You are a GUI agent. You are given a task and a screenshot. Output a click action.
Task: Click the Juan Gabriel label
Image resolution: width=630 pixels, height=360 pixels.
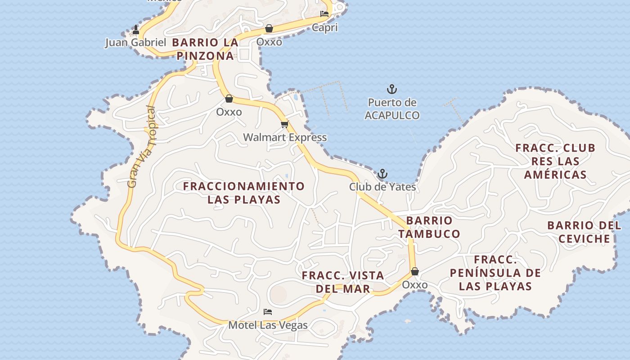click(x=136, y=43)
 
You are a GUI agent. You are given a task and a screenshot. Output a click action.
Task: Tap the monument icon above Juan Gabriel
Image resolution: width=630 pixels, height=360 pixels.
click(x=136, y=30)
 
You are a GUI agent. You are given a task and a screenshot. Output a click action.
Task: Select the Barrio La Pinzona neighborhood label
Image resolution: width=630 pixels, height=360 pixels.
click(x=205, y=49)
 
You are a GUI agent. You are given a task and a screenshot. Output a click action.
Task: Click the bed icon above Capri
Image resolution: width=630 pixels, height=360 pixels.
click(x=324, y=14)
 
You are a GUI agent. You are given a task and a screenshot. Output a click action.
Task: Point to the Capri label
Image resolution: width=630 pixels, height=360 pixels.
click(x=325, y=28)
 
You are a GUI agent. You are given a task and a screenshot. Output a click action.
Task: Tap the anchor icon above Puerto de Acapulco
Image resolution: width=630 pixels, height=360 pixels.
click(x=392, y=89)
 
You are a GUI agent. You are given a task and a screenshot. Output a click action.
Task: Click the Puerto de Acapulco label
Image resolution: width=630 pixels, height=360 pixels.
click(x=392, y=109)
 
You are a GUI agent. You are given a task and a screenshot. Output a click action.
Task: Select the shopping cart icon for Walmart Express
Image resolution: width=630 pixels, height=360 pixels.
click(x=284, y=124)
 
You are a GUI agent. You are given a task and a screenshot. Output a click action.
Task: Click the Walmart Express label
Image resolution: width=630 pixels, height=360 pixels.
click(x=285, y=137)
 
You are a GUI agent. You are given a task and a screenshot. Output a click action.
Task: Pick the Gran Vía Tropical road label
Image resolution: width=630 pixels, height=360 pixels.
click(x=141, y=147)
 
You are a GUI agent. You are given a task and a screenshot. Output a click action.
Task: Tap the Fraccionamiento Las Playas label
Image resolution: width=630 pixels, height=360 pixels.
click(x=244, y=193)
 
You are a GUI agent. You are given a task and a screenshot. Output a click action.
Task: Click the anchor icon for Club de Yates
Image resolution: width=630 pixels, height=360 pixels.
click(x=382, y=174)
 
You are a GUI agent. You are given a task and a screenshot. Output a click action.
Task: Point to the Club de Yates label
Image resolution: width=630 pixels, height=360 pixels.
click(x=382, y=186)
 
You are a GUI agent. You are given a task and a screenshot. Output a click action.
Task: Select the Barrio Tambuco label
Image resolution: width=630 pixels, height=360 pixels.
click(x=429, y=227)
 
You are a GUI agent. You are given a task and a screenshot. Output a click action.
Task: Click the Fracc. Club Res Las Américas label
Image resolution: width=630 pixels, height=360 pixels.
click(x=555, y=161)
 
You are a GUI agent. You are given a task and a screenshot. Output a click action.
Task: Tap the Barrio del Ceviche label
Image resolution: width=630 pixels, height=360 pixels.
click(x=584, y=232)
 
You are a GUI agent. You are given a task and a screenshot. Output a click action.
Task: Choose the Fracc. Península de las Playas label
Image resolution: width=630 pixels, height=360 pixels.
click(x=495, y=273)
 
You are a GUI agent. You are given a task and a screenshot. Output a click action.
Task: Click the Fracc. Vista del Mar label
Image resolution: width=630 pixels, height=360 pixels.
click(x=343, y=282)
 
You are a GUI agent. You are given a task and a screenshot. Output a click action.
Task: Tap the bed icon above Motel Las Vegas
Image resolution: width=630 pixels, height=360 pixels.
click(x=268, y=311)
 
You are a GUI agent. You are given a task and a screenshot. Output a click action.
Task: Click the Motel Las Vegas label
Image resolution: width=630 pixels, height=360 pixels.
click(x=268, y=325)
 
